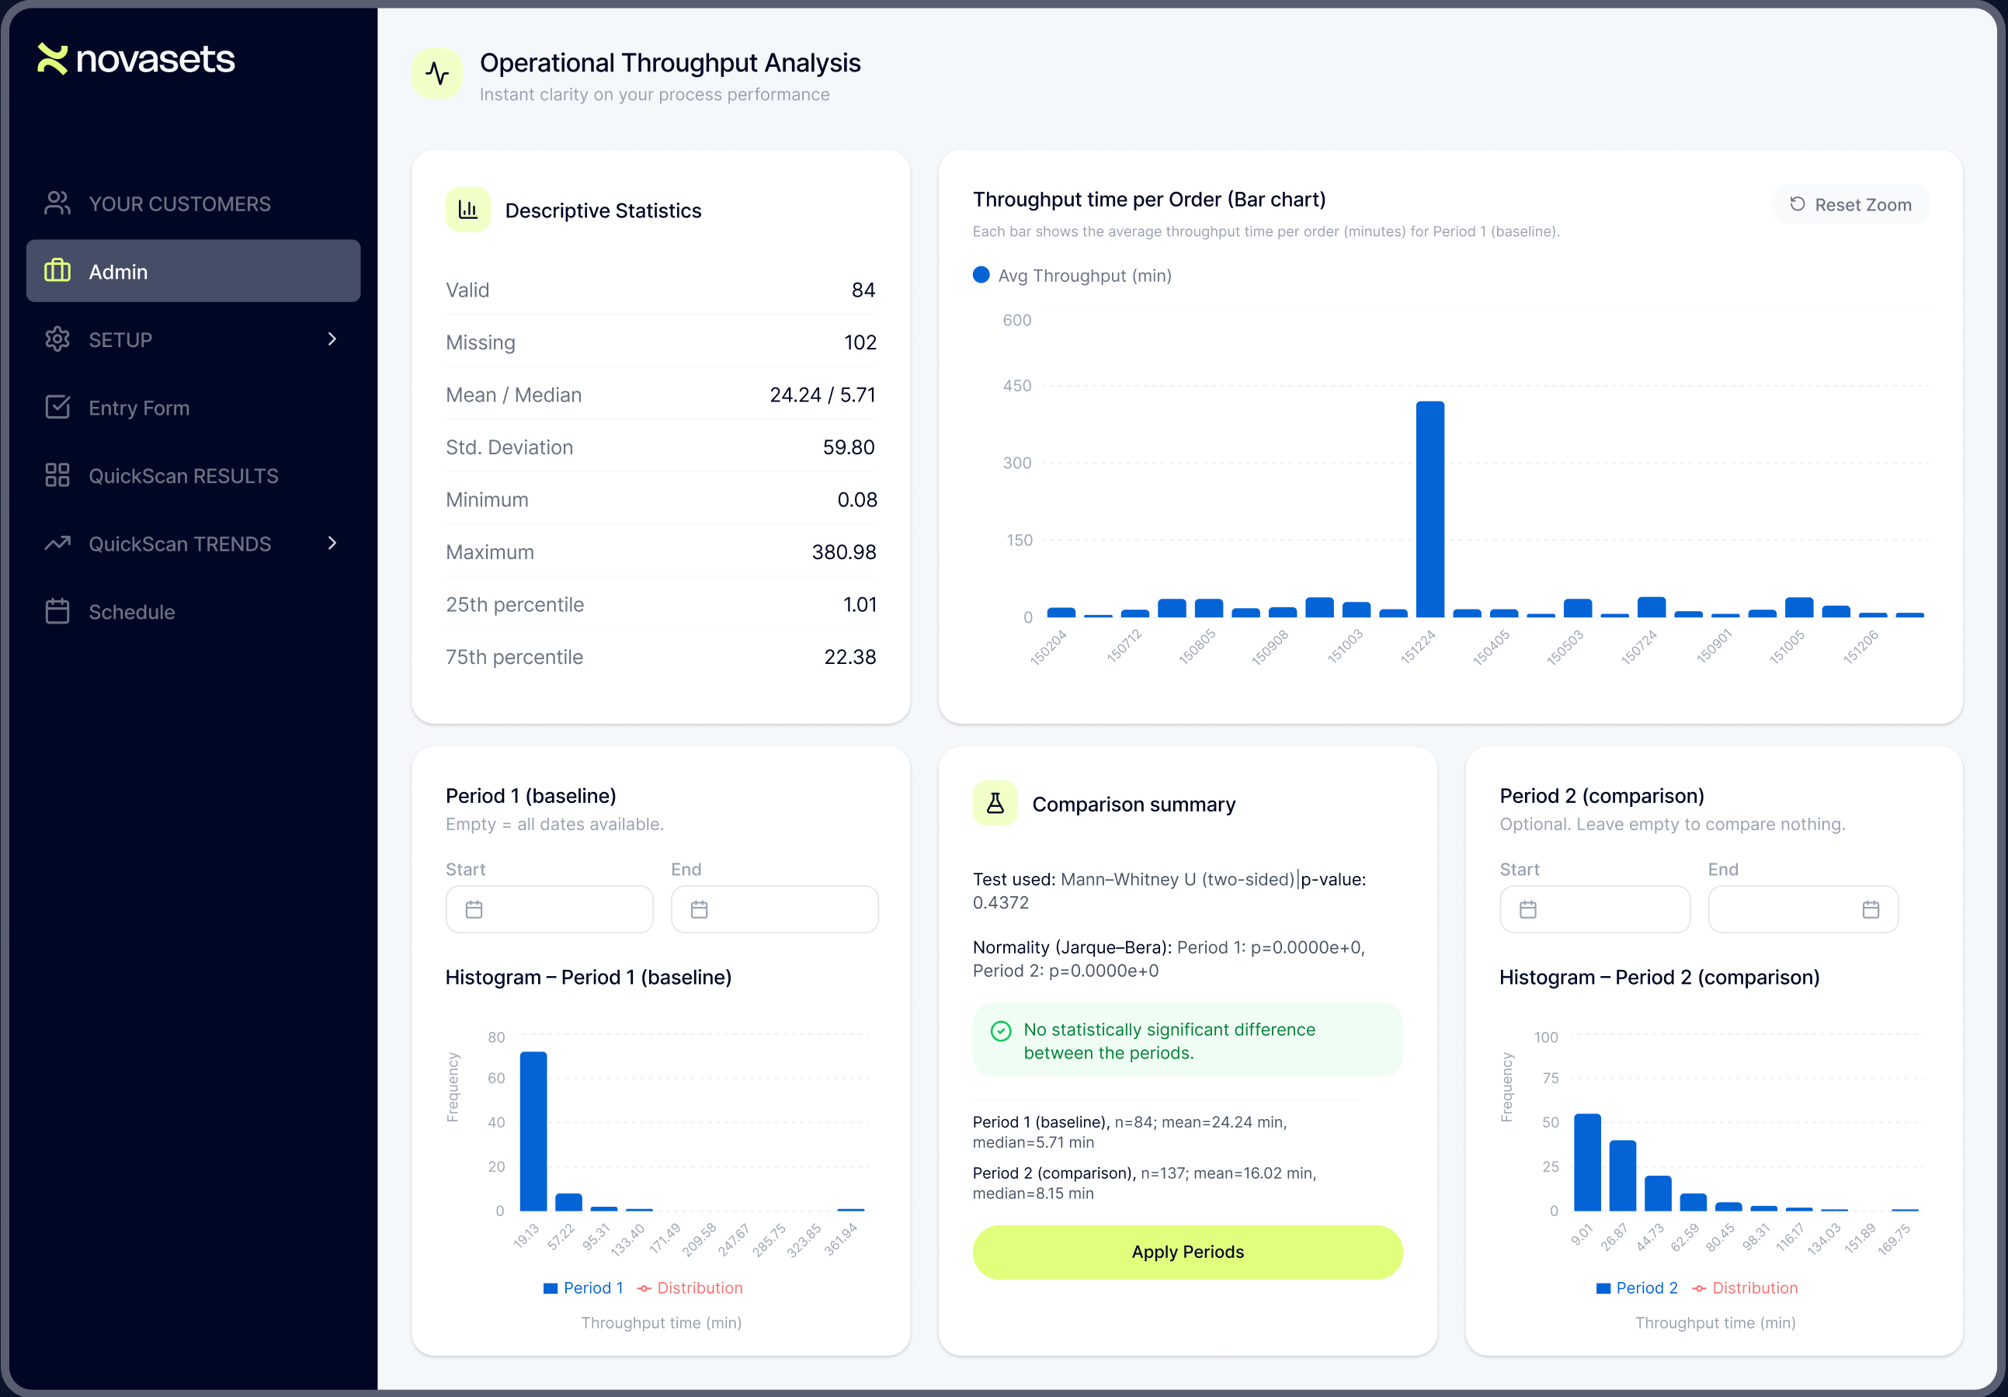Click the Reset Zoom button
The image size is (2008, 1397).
(x=1850, y=205)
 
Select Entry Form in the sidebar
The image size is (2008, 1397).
(x=138, y=408)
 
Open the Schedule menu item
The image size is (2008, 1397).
(x=131, y=611)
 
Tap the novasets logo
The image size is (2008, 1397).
(x=137, y=60)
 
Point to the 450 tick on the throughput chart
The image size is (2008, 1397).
(x=1016, y=386)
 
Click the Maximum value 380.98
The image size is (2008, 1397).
(x=843, y=552)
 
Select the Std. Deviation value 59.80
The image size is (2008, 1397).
(x=849, y=447)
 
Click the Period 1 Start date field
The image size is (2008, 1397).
(x=549, y=910)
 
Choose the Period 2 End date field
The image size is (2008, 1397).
(x=1802, y=910)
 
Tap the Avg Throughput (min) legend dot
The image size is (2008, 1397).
(x=981, y=276)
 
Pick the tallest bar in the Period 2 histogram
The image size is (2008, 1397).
(x=1586, y=1162)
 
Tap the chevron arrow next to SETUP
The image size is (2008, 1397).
(x=332, y=339)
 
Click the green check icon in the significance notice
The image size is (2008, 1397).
(x=1000, y=1030)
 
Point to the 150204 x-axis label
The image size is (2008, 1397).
(x=1048, y=648)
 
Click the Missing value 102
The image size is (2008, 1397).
(x=860, y=342)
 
